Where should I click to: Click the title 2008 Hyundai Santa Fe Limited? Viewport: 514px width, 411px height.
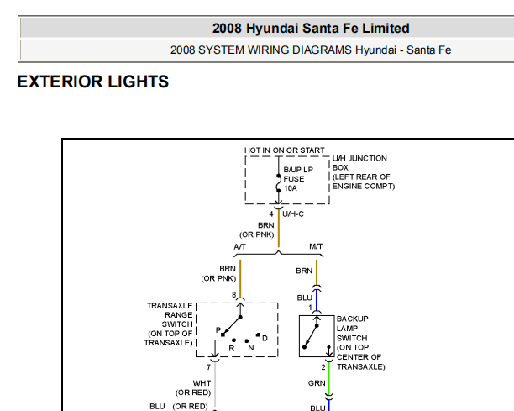[311, 29]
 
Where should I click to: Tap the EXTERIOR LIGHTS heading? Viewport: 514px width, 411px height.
[92, 82]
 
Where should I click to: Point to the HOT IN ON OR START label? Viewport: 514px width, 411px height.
[284, 150]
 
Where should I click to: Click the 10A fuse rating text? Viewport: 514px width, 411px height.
[290, 188]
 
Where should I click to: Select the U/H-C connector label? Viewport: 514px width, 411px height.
[293, 214]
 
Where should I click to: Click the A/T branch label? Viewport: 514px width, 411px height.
[239, 246]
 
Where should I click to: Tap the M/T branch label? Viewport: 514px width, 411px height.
[316, 246]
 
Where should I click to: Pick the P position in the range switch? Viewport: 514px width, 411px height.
[218, 330]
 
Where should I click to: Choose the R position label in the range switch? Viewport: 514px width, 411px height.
[232, 348]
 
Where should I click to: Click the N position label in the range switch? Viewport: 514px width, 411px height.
[251, 348]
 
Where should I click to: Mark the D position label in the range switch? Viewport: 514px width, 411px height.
[265, 338]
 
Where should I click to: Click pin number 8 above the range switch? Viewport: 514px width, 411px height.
[234, 294]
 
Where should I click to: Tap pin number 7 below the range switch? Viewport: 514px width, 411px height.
[208, 367]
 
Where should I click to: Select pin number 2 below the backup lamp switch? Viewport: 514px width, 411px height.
[323, 367]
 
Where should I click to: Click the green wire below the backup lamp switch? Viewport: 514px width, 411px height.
[328, 378]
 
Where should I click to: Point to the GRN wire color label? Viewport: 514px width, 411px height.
[317, 383]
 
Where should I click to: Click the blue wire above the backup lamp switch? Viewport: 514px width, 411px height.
[317, 300]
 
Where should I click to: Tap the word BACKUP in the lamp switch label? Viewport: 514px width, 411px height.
[353, 319]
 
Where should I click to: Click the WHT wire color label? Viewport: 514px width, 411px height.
[202, 383]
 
